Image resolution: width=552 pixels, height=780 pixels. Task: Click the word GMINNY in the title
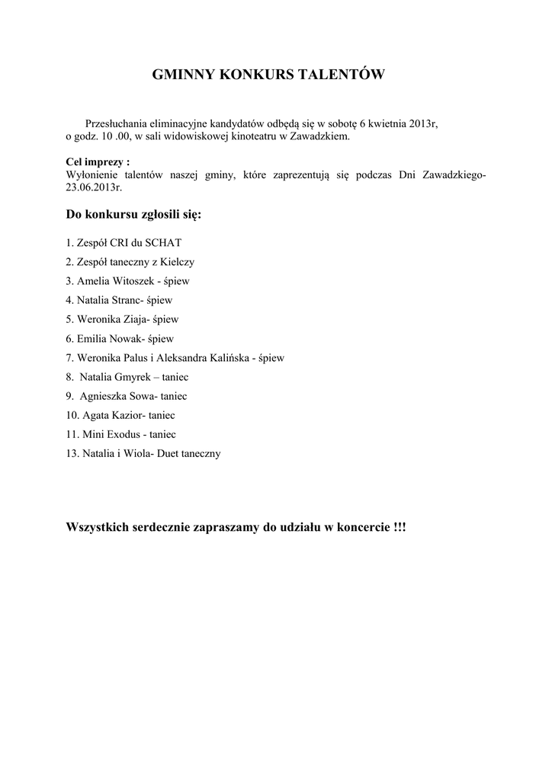coord(184,75)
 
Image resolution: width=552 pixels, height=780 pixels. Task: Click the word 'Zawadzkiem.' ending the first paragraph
coord(322,136)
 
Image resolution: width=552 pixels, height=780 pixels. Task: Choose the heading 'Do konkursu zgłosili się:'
coord(134,216)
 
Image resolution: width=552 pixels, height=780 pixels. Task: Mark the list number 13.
coord(72,453)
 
